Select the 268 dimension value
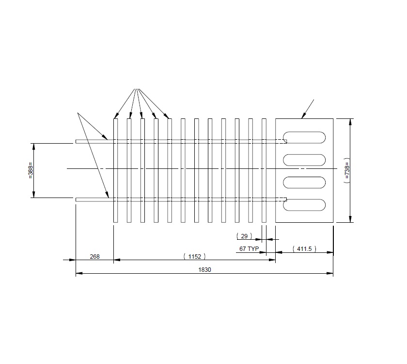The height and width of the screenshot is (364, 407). [94, 256]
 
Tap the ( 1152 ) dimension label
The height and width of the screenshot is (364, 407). [194, 256]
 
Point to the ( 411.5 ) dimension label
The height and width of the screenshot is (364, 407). [304, 248]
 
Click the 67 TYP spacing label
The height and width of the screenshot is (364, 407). [250, 248]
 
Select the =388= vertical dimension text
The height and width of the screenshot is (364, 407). [31, 170]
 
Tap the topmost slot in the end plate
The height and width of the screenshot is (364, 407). [304, 137]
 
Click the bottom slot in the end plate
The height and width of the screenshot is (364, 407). [304, 205]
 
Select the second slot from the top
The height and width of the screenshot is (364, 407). [304, 160]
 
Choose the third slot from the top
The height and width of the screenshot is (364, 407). [304, 182]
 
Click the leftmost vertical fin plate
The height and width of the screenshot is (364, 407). [115, 170]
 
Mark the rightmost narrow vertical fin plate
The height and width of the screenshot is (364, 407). [264, 170]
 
